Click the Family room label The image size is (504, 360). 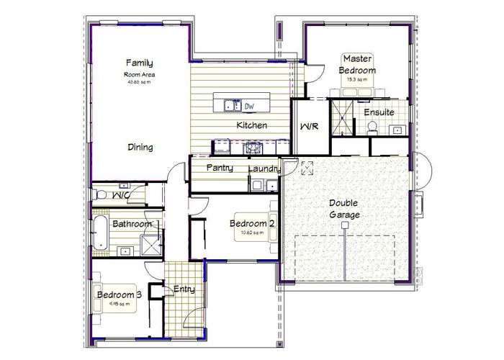140,63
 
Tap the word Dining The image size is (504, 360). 140,148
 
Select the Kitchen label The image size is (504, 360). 252,125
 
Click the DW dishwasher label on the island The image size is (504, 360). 250,107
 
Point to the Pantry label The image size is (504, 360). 217,167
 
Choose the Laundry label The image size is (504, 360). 264,169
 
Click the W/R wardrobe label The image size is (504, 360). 309,126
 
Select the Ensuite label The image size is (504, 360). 379,113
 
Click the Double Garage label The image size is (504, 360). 345,209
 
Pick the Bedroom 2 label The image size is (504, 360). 252,224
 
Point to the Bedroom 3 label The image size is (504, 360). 119,294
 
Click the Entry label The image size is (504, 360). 184,289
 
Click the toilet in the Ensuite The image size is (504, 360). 372,127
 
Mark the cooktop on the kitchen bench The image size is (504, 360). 252,148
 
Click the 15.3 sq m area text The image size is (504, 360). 357,79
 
